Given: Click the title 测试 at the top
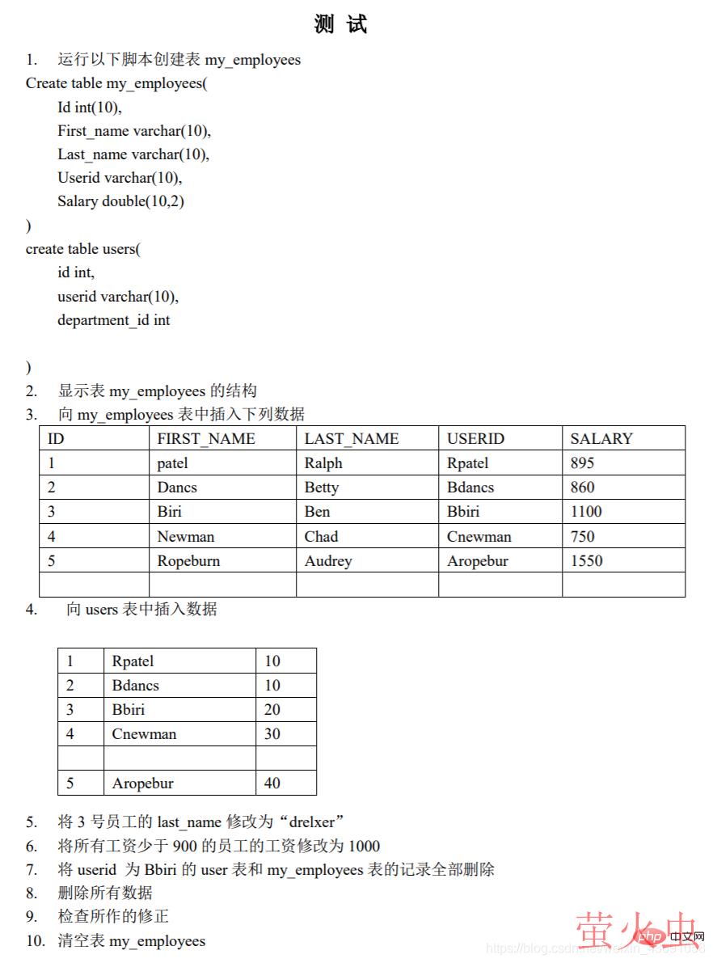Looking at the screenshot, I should pos(340,24).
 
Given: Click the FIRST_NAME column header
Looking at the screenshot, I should pos(205,439).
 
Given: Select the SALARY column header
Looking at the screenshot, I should pos(601,439).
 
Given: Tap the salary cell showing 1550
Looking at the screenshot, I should pos(586,561).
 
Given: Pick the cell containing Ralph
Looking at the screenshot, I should pos(323,463).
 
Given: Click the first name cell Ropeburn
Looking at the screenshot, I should pos(188,561).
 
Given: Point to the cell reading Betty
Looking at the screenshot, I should pos(321,488).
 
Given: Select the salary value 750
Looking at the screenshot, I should pos(582,537).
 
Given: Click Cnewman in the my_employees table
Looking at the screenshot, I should pos(479,537).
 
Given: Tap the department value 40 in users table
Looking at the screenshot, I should pos(272,783).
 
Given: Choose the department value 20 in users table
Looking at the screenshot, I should pos(272,710).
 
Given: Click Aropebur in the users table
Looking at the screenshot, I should pos(142,783).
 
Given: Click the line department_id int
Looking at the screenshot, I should pos(113,320).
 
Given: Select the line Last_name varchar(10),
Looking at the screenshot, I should pos(133,154).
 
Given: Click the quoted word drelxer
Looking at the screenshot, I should pos(311,822).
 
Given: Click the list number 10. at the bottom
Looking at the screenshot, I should pos(36,941).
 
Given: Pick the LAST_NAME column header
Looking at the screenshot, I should pos(351,439).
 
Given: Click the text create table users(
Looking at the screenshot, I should pos(82,249).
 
